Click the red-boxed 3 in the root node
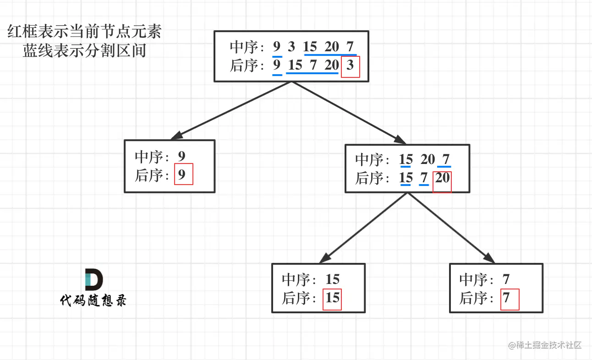point(351,66)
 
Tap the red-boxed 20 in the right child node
point(443,178)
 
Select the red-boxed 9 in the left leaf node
point(182,175)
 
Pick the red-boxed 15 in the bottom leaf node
point(333,298)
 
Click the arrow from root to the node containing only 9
point(231,110)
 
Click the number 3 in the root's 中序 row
point(291,47)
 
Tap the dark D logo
point(93,280)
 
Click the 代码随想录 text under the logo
point(93,300)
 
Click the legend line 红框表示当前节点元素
point(84,33)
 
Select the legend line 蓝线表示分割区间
point(84,50)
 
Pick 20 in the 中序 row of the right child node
point(428,159)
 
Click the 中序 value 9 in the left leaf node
point(182,157)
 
